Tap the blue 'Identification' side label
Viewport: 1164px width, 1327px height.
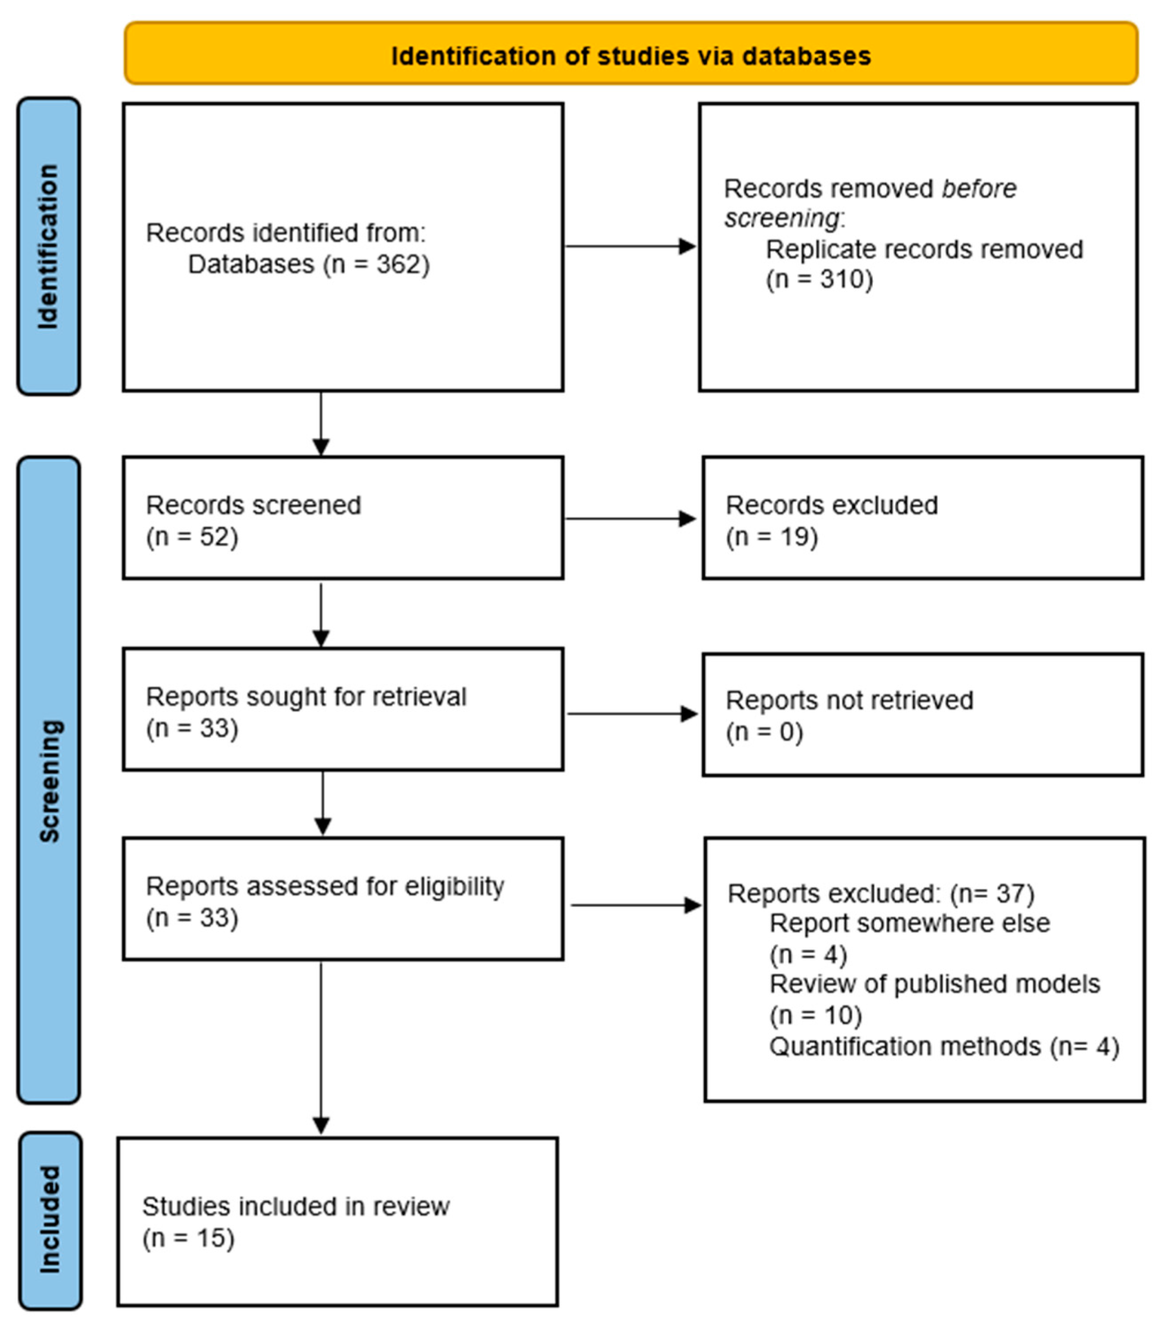[48, 246]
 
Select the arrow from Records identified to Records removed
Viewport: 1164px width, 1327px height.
[630, 246]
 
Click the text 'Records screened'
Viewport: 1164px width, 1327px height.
[253, 505]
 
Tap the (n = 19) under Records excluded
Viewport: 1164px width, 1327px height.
[771, 537]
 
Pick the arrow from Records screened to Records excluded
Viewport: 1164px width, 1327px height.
[630, 518]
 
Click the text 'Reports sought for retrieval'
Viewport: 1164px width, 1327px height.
[306, 697]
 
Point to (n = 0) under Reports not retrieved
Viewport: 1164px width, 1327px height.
[764, 732]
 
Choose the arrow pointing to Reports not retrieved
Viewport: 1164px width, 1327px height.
[632, 714]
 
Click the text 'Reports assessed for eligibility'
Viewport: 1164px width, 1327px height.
[324, 886]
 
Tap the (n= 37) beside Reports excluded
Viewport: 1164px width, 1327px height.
[991, 894]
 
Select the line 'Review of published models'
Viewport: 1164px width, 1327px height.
[934, 984]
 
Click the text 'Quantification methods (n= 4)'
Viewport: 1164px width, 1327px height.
[944, 1046]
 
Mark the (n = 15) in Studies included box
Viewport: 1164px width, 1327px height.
[188, 1238]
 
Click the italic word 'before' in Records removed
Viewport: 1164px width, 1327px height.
[979, 189]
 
